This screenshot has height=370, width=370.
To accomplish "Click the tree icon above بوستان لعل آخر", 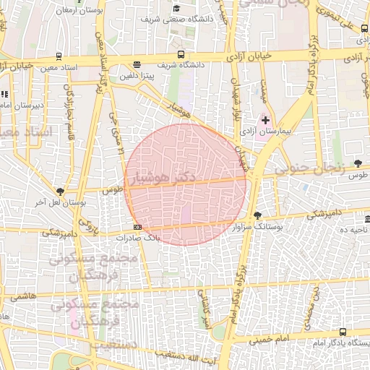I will (60, 192).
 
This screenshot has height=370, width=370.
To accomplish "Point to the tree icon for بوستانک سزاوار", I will (257, 215).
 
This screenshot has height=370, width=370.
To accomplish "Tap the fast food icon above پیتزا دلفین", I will (137, 64).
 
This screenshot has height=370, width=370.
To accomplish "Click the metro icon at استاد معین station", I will (59, 56).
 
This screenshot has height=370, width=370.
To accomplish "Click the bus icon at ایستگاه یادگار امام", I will (342, 332).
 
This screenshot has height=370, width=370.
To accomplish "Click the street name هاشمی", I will (22, 296).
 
